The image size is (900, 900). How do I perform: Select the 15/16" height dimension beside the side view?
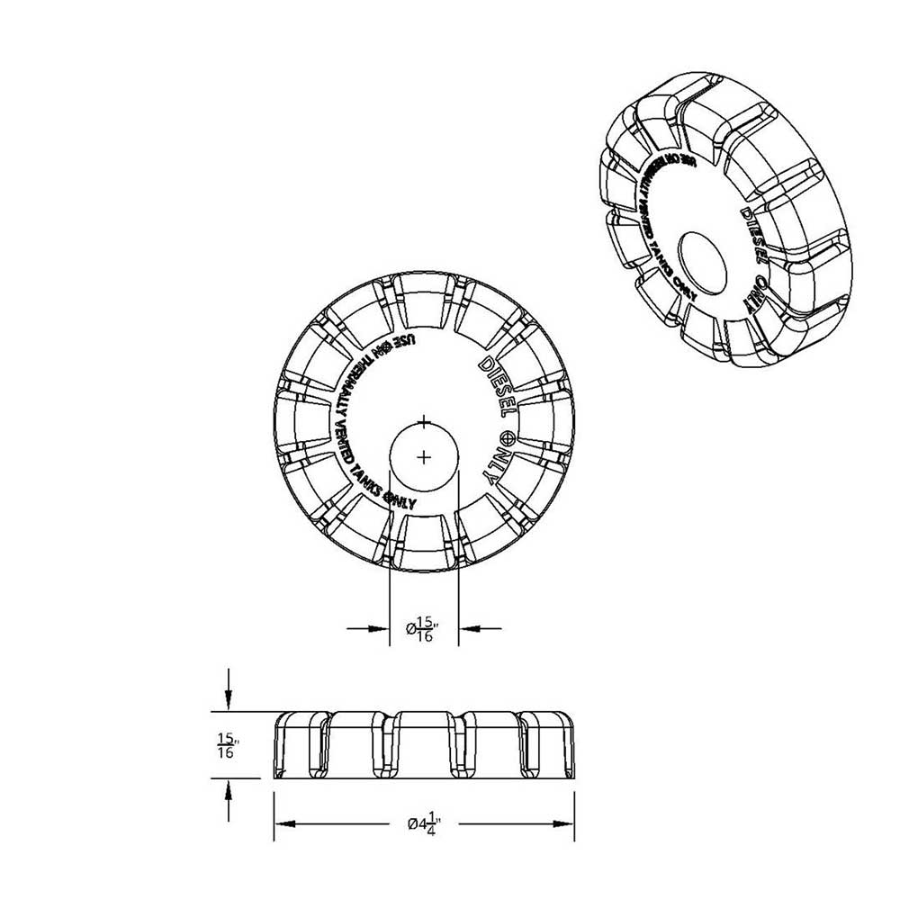[x=226, y=746]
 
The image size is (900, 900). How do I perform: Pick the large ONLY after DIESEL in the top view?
[x=496, y=465]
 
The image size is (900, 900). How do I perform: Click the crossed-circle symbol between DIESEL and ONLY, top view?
[x=507, y=438]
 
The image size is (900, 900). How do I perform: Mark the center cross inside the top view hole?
[x=425, y=457]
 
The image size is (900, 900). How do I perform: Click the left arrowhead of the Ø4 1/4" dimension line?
[x=281, y=823]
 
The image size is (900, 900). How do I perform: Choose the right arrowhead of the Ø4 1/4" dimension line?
[x=569, y=823]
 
